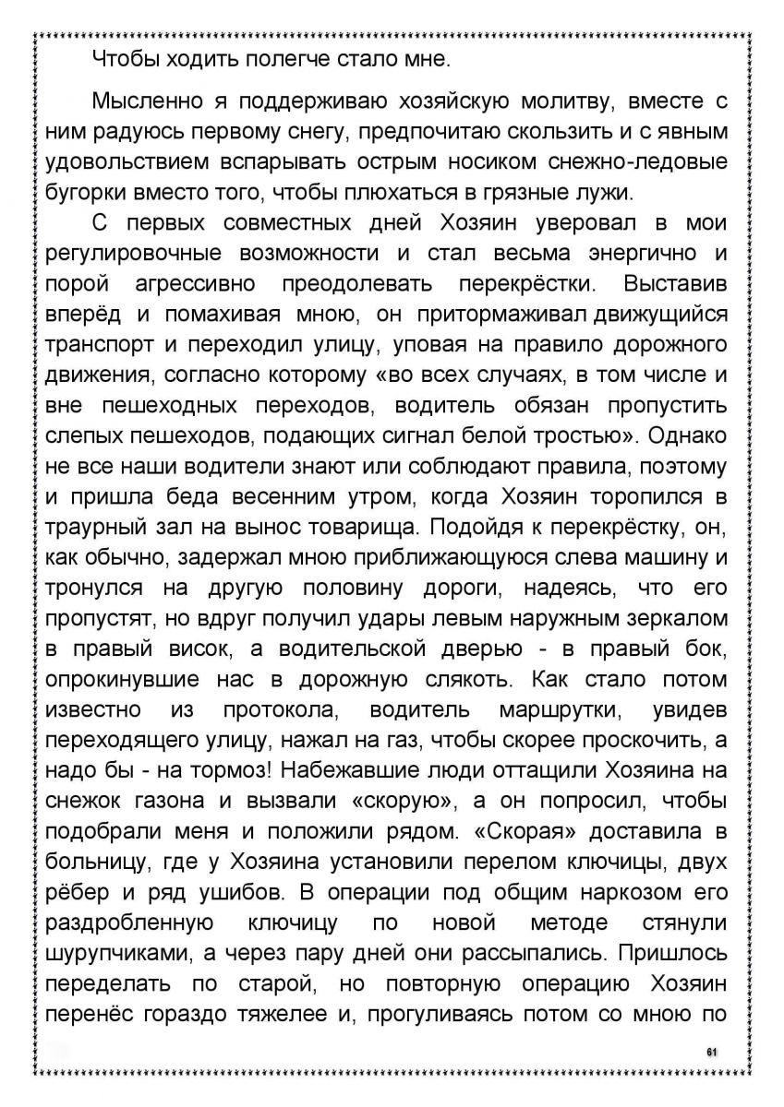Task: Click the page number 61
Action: [x=711, y=1051]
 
